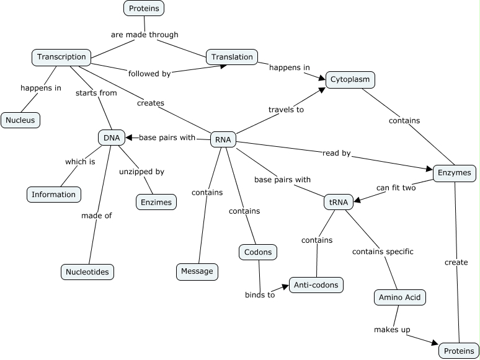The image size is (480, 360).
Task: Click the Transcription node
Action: click(61, 57)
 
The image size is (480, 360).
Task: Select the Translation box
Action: click(232, 57)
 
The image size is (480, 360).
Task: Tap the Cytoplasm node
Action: click(350, 80)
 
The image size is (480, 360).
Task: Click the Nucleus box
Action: click(20, 120)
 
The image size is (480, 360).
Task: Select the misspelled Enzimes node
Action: click(156, 202)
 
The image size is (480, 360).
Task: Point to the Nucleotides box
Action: click(88, 271)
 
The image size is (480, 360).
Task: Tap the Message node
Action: click(197, 271)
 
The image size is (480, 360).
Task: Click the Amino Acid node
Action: click(400, 297)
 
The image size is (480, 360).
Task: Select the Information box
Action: click(54, 195)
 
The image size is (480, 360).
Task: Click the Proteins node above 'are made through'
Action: click(144, 8)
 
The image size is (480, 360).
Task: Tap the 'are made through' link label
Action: click(144, 35)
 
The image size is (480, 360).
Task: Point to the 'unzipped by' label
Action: click(141, 172)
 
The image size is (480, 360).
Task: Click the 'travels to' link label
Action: click(286, 110)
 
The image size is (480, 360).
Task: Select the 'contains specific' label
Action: click(383, 252)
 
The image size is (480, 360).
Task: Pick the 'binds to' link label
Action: click(259, 295)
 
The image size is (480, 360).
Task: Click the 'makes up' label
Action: click(392, 330)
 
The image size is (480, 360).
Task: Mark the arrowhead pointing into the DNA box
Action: click(129, 138)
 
